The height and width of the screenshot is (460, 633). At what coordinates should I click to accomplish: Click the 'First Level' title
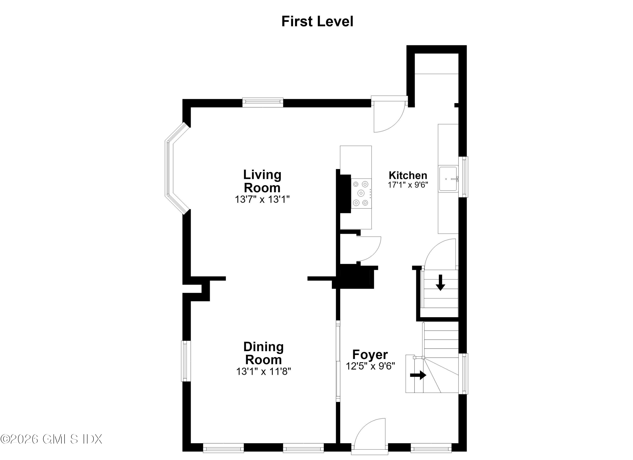317,21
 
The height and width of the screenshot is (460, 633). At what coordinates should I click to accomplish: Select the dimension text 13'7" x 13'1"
262,200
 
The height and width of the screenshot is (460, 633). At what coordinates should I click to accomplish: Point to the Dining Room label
264,353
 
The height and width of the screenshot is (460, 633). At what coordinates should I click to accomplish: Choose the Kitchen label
408,175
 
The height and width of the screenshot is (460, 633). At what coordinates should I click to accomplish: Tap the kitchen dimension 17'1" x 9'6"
408,185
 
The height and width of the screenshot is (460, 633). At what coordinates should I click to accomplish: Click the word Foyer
370,355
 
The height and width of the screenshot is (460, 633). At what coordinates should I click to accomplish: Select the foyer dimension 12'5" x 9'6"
370,366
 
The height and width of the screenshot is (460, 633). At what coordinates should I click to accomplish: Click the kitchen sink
448,178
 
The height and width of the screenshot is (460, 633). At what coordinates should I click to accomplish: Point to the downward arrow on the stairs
440,282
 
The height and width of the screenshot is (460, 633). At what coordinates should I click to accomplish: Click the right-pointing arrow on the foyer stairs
418,375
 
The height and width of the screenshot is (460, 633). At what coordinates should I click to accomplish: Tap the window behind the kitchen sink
464,177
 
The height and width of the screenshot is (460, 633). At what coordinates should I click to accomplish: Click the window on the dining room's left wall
186,361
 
